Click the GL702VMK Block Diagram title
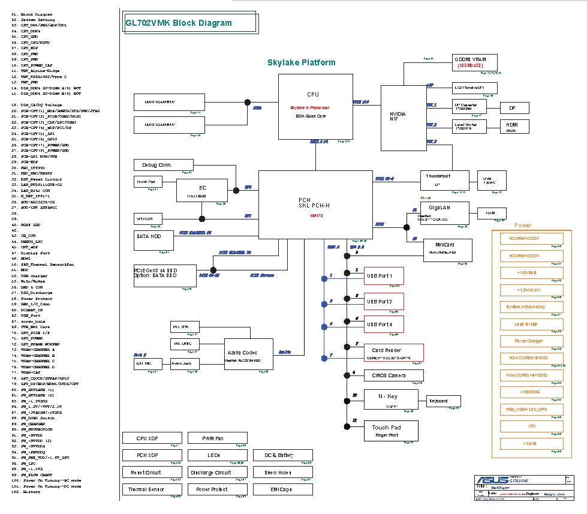178,23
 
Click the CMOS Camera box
388,375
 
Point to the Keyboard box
443,401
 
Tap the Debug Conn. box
156,165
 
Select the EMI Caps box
282,489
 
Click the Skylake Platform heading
301,62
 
